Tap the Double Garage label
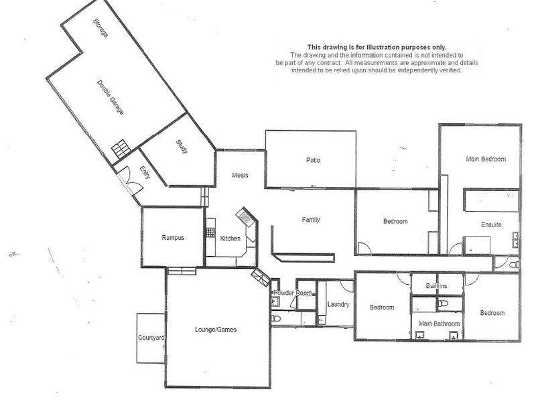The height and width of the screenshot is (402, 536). [111, 98]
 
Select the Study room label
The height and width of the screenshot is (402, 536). [182, 146]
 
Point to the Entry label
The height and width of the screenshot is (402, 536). [143, 174]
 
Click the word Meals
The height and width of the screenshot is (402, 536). [240, 176]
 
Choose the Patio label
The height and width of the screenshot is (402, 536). [313, 160]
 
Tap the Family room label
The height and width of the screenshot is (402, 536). [311, 220]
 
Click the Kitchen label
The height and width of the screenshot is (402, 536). [230, 239]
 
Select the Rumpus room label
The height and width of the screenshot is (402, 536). [172, 238]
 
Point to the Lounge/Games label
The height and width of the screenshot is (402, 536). [215, 330]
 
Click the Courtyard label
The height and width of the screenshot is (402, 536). [151, 338]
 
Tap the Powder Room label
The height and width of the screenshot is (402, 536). [293, 293]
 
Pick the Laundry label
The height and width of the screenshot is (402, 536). [338, 305]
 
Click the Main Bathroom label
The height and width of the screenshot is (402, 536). [439, 324]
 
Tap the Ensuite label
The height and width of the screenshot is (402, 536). [491, 225]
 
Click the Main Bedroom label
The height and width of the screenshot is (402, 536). [486, 159]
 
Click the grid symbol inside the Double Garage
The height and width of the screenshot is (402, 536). [121, 148]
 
